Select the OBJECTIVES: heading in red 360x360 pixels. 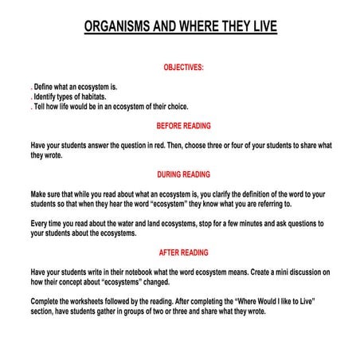pyautogui.click(x=184, y=68)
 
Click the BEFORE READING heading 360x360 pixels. pyautogui.click(x=184, y=125)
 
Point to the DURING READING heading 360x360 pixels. pyautogui.click(x=184, y=175)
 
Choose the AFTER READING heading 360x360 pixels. pyautogui.click(x=184, y=252)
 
